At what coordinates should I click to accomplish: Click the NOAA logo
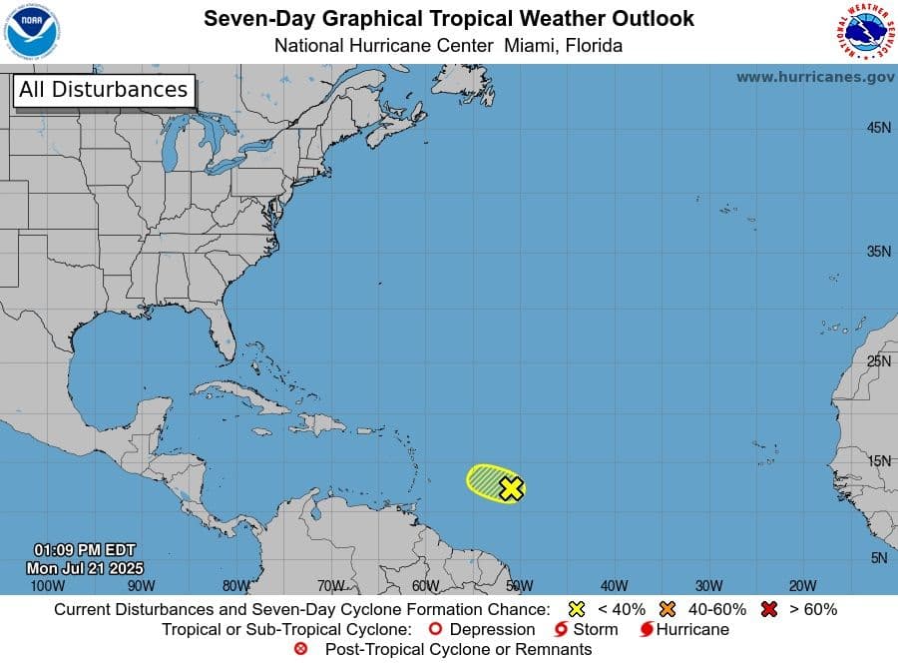[x=32, y=31]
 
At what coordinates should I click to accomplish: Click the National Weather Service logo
[x=862, y=31]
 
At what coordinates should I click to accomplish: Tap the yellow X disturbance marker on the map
[x=511, y=488]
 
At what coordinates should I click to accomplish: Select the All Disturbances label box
[x=103, y=90]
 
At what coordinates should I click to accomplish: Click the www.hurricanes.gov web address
[x=815, y=77]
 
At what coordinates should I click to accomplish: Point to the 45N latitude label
[x=878, y=128]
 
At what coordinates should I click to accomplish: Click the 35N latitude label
[x=878, y=252]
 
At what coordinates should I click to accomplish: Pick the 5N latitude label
[x=878, y=558]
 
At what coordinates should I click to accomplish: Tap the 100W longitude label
[x=47, y=586]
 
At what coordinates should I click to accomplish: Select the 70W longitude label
[x=330, y=586]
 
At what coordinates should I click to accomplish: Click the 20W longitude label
[x=802, y=586]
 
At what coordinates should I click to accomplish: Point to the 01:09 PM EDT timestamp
[x=84, y=550]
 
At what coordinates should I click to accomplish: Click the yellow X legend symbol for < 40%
[x=575, y=609]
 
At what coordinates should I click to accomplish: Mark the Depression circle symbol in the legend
[x=434, y=630]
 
